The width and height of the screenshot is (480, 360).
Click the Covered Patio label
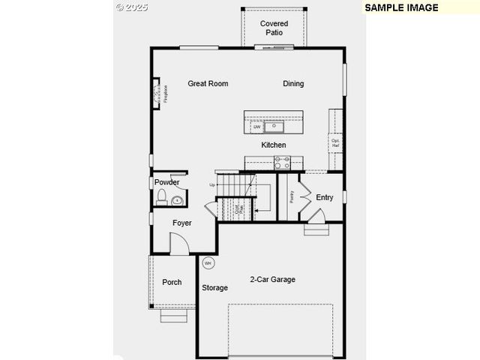click(274, 28)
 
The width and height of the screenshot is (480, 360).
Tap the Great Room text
click(208, 84)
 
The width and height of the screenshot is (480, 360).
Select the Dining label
click(293, 84)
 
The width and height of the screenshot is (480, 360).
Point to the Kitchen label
click(273, 145)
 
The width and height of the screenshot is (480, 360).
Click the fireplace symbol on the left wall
click(157, 94)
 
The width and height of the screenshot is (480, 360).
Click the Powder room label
click(166, 182)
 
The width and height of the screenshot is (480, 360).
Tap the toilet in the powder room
click(161, 198)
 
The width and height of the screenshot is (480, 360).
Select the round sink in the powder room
click(178, 200)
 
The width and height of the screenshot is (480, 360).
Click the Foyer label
click(182, 223)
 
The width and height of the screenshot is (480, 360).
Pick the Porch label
click(172, 282)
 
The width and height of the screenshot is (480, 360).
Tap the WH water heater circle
click(208, 263)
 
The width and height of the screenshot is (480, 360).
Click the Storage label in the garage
click(214, 288)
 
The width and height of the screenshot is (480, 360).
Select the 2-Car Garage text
click(272, 280)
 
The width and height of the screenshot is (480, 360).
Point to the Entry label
click(324, 198)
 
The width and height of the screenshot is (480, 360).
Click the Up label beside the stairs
click(212, 184)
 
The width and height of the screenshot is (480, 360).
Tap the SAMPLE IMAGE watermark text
click(401, 7)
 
